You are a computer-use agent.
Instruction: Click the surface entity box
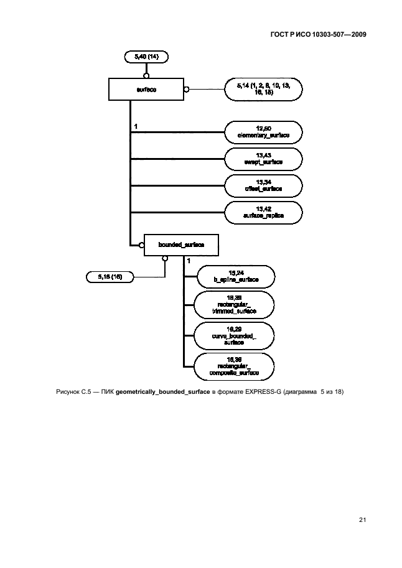pyautogui.click(x=146, y=89)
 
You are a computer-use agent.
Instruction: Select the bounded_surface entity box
pyautogui.click(x=181, y=245)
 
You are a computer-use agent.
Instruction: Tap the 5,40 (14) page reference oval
pyautogui.click(x=146, y=57)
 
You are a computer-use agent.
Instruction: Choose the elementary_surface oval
pyautogui.click(x=264, y=132)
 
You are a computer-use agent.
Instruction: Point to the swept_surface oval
pyautogui.click(x=264, y=158)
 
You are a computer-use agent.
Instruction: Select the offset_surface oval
pyautogui.click(x=264, y=185)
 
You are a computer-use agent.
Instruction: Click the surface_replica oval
pyautogui.click(x=264, y=212)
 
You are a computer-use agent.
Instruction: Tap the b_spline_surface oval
pyautogui.click(x=235, y=277)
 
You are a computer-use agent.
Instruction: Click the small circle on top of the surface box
pyautogui.click(x=146, y=76)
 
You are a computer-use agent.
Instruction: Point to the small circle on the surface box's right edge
pyautogui.click(x=186, y=89)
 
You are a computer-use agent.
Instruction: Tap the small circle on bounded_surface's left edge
pyautogui.click(x=142, y=245)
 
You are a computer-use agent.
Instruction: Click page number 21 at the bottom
pyautogui.click(x=361, y=519)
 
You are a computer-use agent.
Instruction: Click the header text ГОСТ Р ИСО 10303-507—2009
pyautogui.click(x=317, y=35)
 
